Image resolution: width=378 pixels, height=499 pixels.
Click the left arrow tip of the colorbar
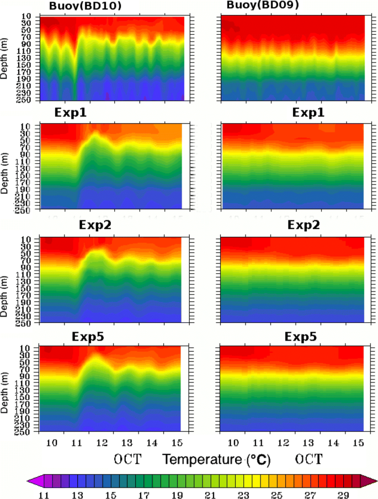(28, 480)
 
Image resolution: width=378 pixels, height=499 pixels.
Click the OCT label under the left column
(132, 459)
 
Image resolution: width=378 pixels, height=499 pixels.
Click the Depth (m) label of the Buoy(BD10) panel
(5, 58)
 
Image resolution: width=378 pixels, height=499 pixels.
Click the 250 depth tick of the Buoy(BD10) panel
(29, 99)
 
